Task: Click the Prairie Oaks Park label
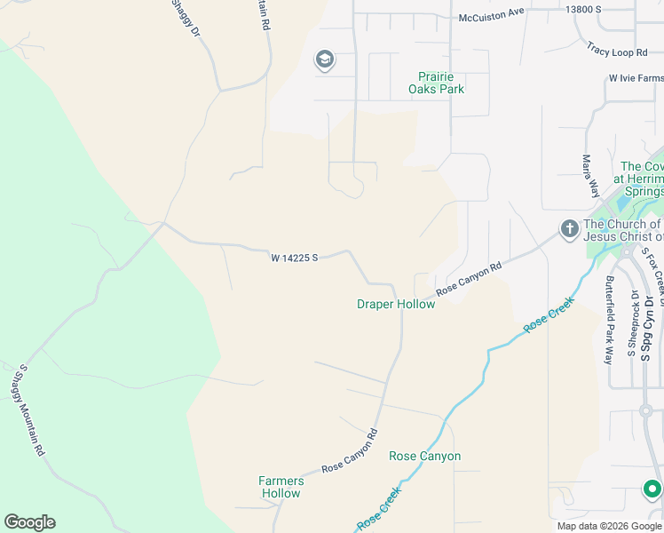436,83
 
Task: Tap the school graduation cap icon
325,60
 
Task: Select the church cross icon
569,230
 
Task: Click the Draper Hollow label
396,305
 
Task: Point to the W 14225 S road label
295,259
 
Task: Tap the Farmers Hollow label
281,487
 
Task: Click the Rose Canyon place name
424,457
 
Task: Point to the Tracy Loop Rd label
621,51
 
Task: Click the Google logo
29,522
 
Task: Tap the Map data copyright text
609,526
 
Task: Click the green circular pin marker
652,489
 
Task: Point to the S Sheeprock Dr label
632,324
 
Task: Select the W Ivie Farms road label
635,79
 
